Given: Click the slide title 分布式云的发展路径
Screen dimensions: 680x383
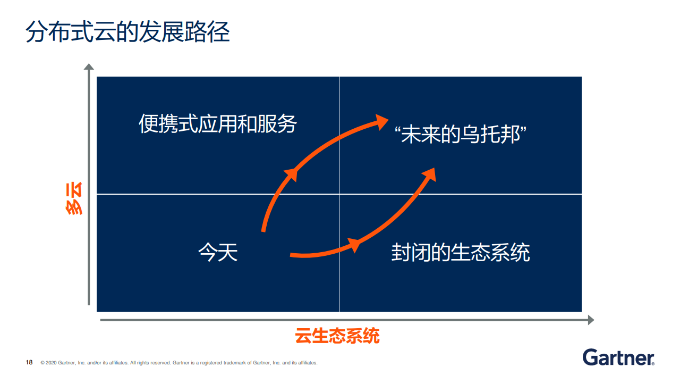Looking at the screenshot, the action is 127,31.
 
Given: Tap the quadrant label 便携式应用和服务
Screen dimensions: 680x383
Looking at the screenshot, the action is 218,124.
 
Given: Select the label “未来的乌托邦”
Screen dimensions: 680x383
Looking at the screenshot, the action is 460,134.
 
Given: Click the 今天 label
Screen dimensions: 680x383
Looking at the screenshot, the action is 218,252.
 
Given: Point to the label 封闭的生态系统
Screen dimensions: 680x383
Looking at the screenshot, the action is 461,252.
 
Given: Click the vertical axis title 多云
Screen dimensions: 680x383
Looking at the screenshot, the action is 74,198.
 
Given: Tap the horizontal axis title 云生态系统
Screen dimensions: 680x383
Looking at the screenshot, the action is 337,336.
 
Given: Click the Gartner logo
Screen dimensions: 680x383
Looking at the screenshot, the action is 618,357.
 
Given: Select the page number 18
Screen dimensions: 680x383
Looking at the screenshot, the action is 29,362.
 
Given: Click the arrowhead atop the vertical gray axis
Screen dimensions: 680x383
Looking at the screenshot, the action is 89,66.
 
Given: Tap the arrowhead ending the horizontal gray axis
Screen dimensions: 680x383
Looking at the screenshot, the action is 591,320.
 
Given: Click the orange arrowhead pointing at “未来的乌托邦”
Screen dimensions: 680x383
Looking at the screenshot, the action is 381,122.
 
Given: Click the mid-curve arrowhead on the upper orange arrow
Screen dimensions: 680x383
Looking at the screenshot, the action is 291,175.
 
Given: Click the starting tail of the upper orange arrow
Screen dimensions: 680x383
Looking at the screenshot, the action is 263,230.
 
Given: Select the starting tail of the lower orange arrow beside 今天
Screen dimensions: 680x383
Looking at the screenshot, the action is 292,255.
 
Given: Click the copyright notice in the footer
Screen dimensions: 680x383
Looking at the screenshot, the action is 179,363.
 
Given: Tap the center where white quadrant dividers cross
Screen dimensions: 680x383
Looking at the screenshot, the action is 339,194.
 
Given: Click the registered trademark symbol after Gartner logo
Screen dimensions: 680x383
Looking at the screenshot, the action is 653,363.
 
